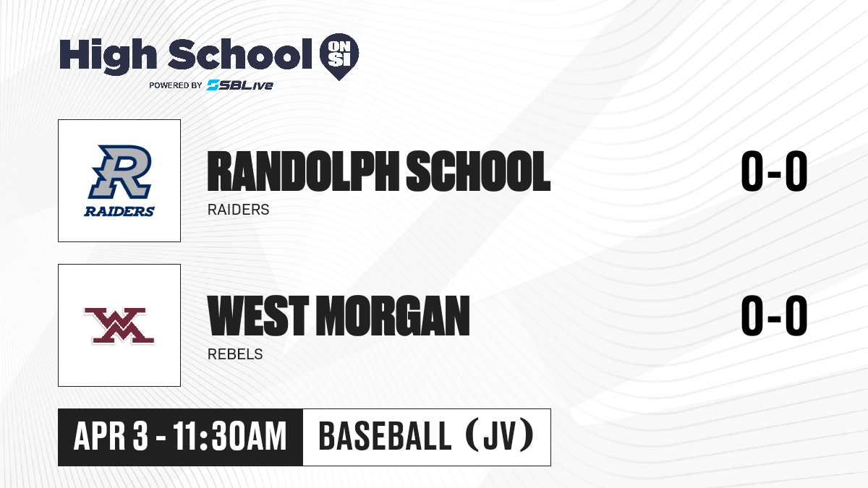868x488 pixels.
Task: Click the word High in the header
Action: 108,56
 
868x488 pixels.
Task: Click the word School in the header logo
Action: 240,53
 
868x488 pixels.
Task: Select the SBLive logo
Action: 240,85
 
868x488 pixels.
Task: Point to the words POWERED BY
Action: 176,85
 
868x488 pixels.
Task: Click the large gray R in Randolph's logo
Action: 120,172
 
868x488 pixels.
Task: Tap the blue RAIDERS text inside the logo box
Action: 119,211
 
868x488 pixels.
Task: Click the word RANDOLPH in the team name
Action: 303,171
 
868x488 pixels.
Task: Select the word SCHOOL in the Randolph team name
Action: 478,171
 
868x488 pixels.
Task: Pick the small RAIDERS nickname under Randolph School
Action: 238,210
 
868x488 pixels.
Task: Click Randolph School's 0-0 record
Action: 774,171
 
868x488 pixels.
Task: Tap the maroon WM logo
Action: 119,325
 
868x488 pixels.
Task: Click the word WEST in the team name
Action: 258,315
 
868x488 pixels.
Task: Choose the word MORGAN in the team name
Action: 393,315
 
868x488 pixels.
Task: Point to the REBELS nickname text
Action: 235,354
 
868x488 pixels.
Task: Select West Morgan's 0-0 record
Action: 774,315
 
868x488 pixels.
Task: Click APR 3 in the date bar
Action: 111,436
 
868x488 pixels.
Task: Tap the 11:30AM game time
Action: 230,436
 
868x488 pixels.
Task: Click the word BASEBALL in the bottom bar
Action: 385,436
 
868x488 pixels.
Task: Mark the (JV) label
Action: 501,436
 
